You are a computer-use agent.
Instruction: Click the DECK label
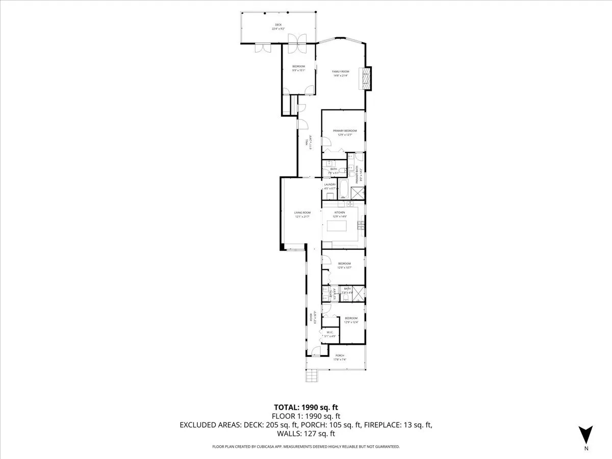(x=278, y=24)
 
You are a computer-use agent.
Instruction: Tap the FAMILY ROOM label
(x=340, y=71)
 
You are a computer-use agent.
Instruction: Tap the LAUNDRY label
(x=330, y=185)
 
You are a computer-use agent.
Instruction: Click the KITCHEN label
(x=340, y=212)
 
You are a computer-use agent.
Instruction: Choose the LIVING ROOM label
(x=302, y=213)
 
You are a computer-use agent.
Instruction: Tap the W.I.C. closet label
(x=329, y=333)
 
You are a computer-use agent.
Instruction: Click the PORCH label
(x=340, y=355)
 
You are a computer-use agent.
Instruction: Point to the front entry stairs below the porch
(x=311, y=376)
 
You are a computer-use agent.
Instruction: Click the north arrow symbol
(x=586, y=435)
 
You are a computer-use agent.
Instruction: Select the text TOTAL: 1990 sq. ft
(x=306, y=407)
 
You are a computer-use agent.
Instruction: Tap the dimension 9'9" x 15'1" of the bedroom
(x=298, y=70)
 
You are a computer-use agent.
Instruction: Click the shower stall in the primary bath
(x=358, y=193)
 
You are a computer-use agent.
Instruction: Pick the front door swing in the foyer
(x=316, y=350)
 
